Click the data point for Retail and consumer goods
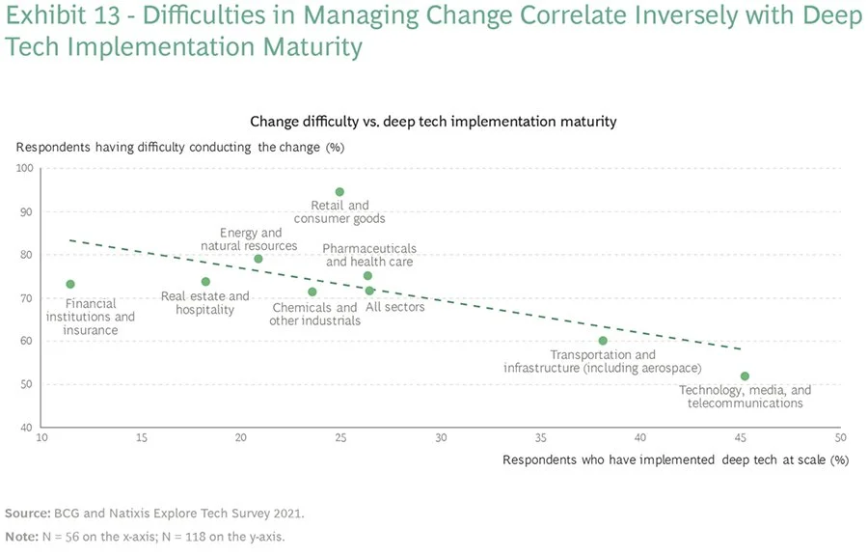[339, 192]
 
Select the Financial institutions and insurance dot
[70, 284]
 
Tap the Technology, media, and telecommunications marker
[745, 376]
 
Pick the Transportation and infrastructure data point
[603, 341]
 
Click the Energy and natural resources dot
[258, 259]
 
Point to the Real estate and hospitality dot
[205, 282]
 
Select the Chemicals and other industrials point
[312, 292]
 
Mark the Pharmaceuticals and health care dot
[367, 276]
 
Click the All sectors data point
[369, 291]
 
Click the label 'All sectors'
[395, 307]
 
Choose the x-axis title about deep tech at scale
[675, 459]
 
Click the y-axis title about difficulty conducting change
[179, 147]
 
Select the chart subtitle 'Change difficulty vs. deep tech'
[433, 122]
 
